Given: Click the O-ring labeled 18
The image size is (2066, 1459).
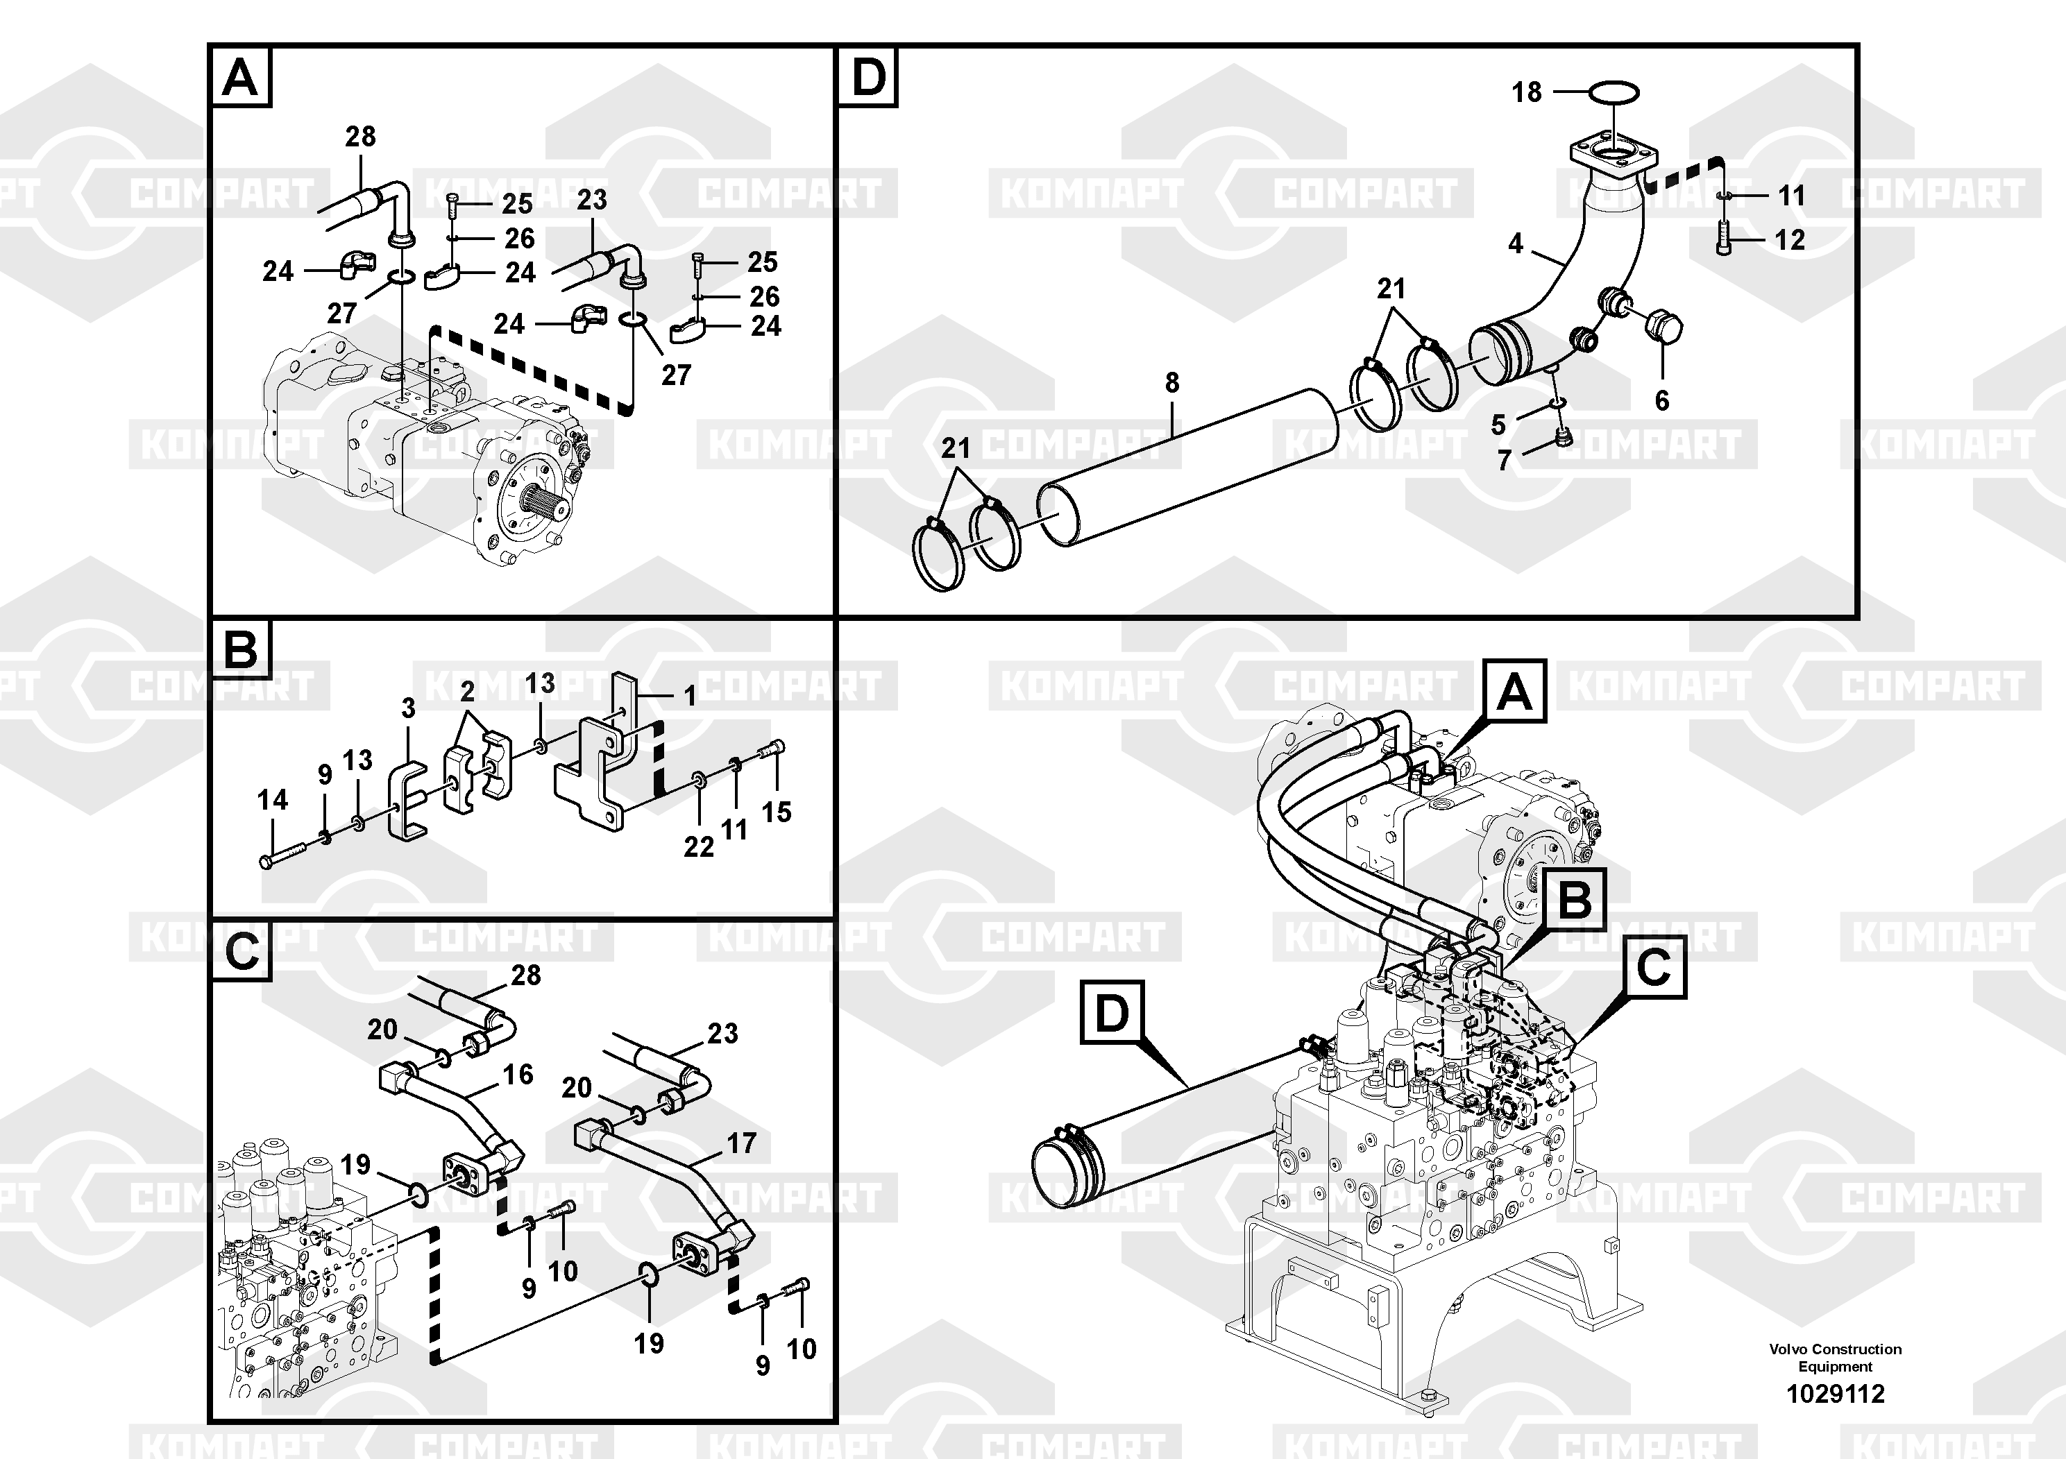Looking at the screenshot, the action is coord(1614,92).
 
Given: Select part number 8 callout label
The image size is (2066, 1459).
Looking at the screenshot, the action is coord(1171,383).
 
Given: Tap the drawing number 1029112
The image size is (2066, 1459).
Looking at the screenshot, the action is coord(1835,1394).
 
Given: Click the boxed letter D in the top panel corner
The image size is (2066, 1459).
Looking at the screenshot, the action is coord(868,78).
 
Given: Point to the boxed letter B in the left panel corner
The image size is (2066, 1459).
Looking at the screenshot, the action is coord(240,649).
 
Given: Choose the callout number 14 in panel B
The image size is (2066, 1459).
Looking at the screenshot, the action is coord(273,800).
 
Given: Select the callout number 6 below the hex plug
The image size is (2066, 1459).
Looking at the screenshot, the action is coord(1662,400).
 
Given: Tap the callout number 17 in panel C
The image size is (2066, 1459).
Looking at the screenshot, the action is coord(741,1143).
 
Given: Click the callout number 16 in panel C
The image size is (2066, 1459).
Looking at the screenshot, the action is coord(518,1074).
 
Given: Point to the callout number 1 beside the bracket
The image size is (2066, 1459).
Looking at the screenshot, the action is coord(690,697).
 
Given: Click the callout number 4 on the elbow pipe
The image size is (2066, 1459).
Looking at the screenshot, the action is coord(1515,243).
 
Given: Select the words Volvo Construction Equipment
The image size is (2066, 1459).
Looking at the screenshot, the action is coord(1835,1357).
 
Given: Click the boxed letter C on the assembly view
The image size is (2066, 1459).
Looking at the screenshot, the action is coord(1654,968).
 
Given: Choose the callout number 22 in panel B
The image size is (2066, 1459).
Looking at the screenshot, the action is coord(698,846).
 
